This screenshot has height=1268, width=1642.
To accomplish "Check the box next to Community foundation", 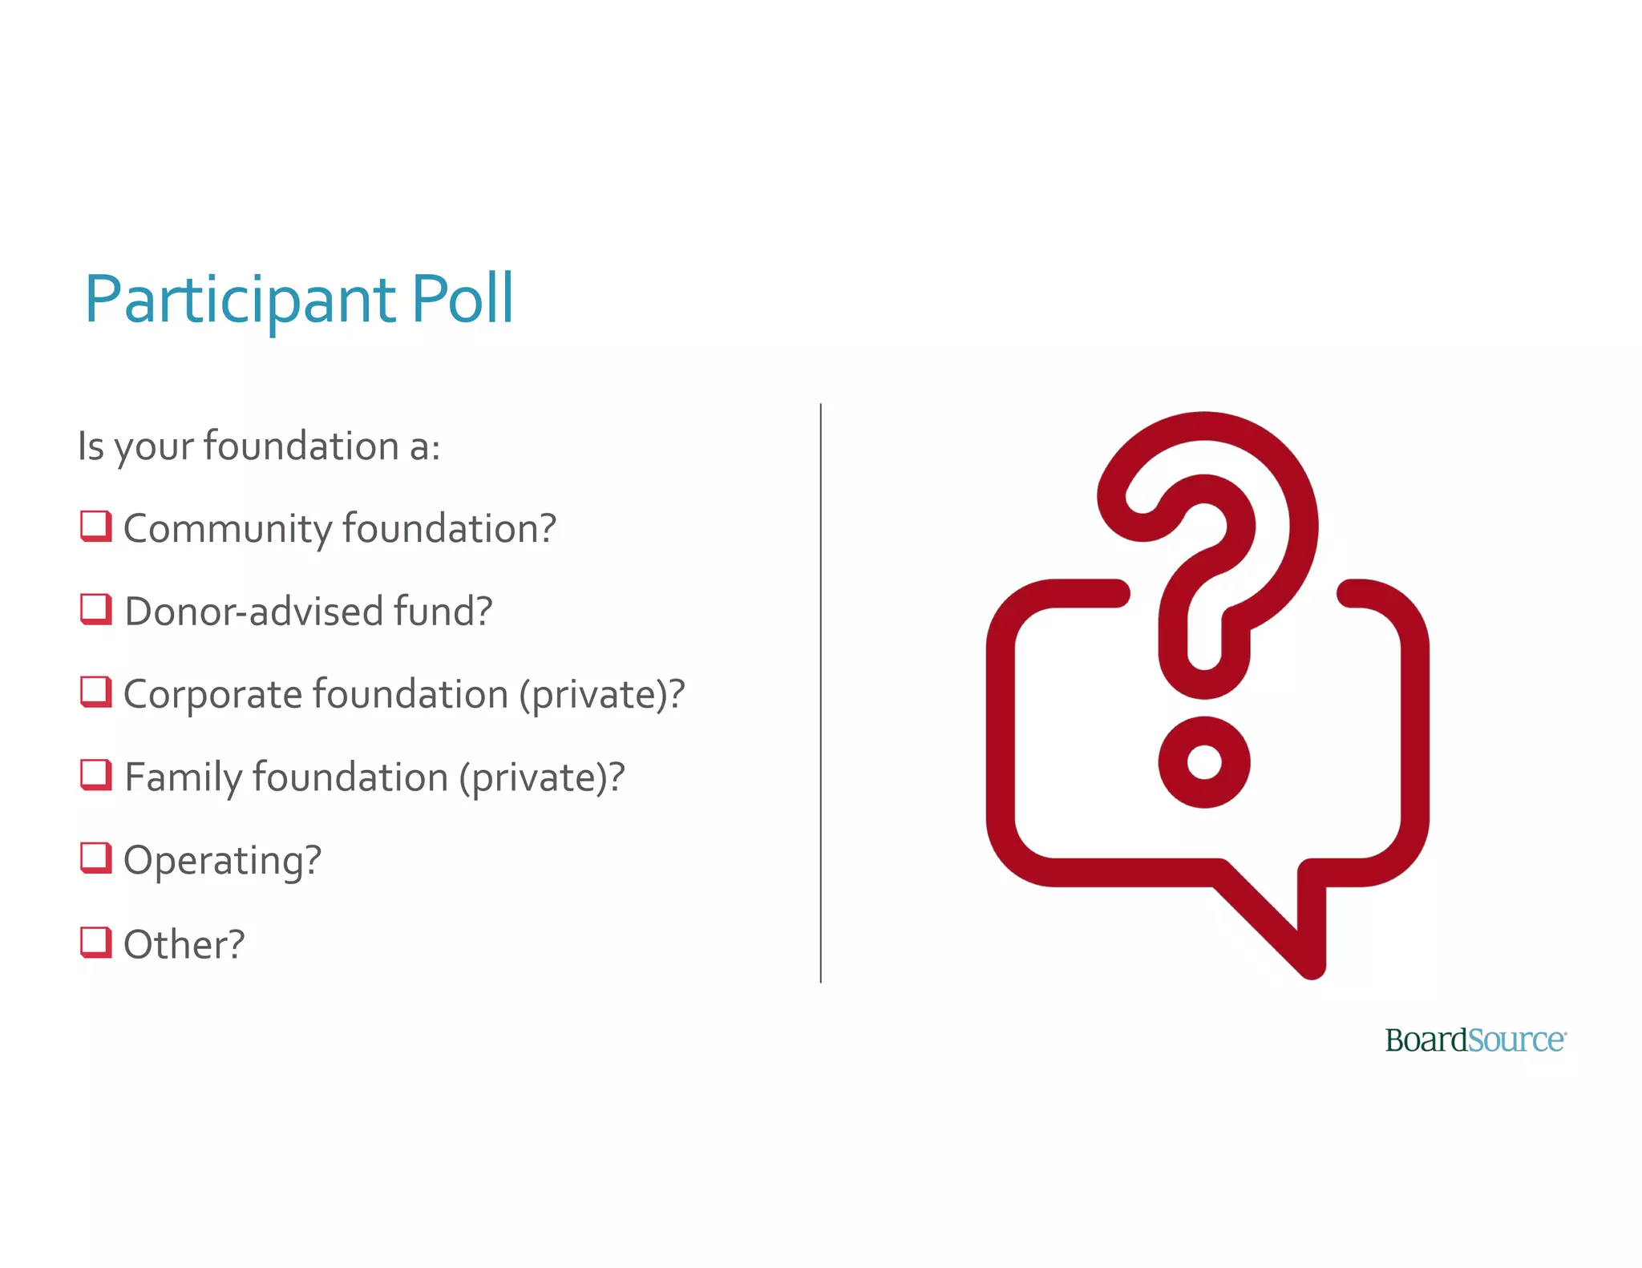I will coord(95,527).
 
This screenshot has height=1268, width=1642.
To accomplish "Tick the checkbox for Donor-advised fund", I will coord(95,609).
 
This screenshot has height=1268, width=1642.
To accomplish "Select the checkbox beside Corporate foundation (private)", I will coord(95,693).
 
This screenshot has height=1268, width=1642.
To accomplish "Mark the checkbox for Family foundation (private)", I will coord(95,775).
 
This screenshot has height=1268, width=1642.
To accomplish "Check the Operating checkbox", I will coord(95,858).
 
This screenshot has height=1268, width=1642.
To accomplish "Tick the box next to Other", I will coord(95,942).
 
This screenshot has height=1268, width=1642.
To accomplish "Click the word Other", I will coord(184,944).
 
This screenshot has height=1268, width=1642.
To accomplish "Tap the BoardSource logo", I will coord(1475,1040).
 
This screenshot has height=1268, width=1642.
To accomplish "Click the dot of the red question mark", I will coord(1203,762).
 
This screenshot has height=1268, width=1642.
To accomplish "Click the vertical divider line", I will coord(820,693).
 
